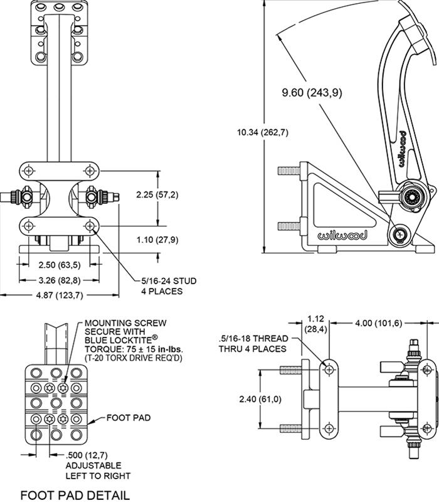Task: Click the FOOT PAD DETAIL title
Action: coord(75,495)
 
